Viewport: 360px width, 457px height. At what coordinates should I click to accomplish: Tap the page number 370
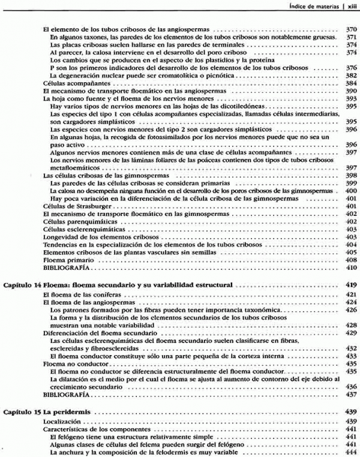[x=352, y=29]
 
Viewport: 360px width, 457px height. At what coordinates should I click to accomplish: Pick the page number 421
[x=352, y=296]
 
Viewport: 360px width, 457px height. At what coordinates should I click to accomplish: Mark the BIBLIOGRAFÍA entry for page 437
[x=67, y=395]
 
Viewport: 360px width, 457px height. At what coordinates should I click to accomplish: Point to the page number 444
[x=352, y=452]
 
